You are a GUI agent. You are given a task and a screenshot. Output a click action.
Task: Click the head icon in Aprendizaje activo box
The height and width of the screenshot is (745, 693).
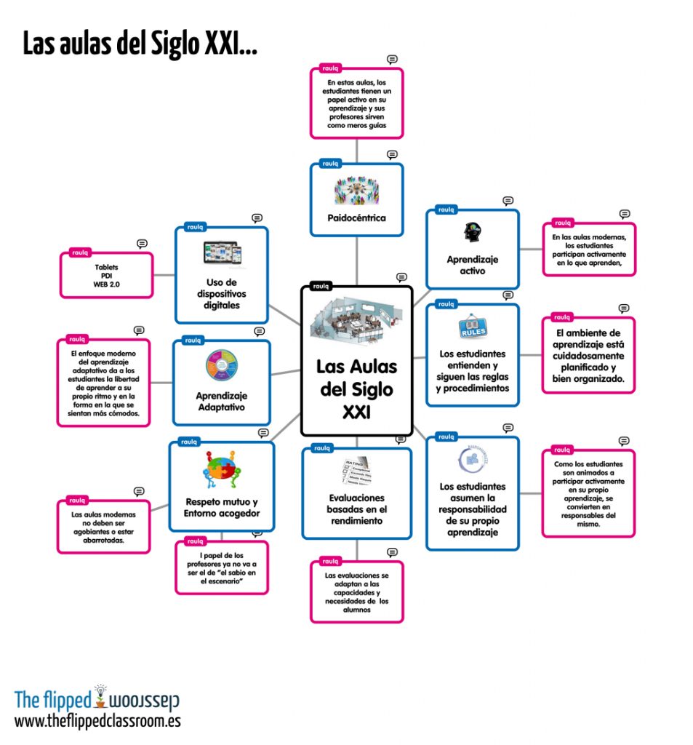[x=471, y=233]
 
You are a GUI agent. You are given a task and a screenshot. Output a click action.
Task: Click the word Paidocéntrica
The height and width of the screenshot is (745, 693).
[x=356, y=218]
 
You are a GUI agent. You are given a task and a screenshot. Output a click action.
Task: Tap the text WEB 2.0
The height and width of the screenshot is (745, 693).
[x=106, y=284]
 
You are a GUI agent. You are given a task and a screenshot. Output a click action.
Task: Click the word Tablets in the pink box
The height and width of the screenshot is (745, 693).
[x=106, y=267]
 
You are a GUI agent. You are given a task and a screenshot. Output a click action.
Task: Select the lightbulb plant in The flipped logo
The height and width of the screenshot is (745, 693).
[x=100, y=696]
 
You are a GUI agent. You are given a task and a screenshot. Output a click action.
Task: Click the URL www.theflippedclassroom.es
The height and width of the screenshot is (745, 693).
[x=97, y=721]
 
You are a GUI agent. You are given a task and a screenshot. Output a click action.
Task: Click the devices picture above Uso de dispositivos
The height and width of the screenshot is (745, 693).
[x=222, y=252]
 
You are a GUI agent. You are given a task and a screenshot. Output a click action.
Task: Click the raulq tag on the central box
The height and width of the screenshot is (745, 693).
[x=320, y=286]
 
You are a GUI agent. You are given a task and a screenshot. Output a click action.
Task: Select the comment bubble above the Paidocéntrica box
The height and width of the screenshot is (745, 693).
[x=392, y=155]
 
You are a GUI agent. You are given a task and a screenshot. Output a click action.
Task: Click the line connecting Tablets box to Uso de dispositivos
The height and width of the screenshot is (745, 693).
[x=164, y=275]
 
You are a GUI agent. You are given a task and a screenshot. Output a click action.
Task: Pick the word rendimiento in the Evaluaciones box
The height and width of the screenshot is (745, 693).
[x=356, y=521]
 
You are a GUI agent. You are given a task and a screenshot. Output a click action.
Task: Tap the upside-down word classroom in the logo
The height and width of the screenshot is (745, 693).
[x=144, y=701]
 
